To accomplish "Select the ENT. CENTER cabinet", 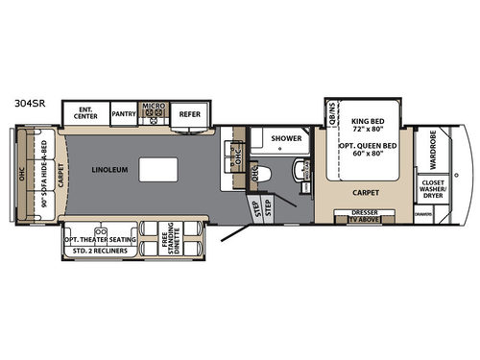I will [x=85, y=112].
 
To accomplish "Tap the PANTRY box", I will [x=125, y=113].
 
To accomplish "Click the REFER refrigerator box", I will [x=189, y=113].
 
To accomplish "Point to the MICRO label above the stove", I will [x=155, y=106].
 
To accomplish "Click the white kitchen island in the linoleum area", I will [x=156, y=169].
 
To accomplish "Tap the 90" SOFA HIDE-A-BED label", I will [x=43, y=178].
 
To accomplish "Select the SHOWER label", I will [x=286, y=138].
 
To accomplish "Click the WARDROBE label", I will [x=429, y=149].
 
